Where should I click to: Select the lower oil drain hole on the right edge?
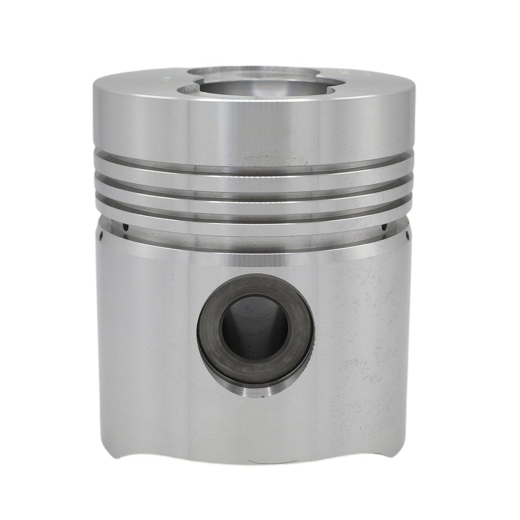point(409,237)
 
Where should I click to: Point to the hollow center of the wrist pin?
point(243,323)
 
